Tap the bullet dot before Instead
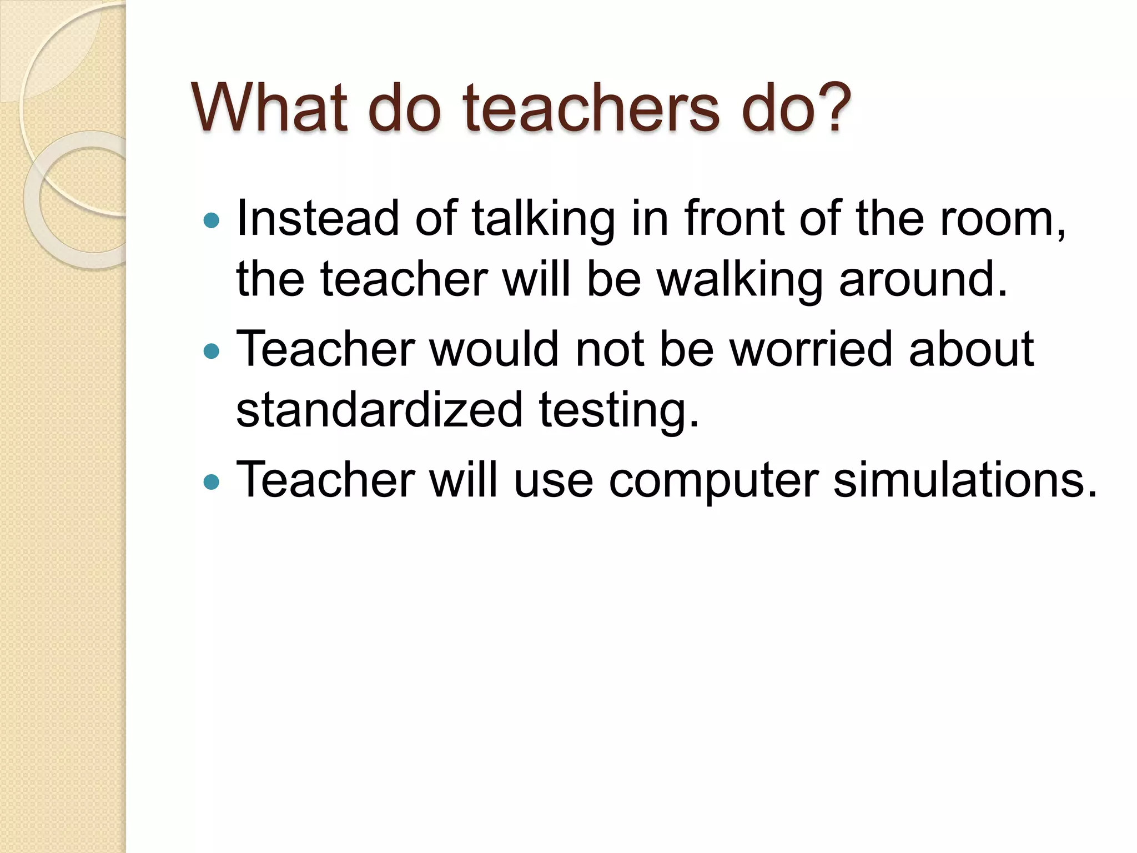[212, 221]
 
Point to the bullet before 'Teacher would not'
[212, 351]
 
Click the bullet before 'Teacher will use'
[212, 481]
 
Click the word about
[972, 349]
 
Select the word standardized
[379, 410]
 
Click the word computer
[713, 481]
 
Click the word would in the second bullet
[494, 349]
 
